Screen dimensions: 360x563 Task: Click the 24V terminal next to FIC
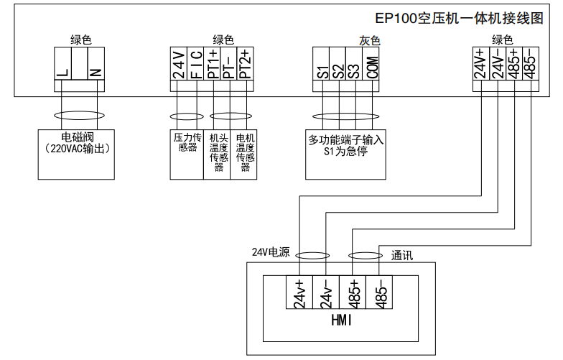pos(179,65)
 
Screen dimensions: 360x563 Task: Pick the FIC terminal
pos(195,65)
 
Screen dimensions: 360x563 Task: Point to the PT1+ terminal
pos(213,65)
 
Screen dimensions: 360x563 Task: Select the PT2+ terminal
pos(246,65)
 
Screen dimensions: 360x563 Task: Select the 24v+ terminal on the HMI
pos(299,293)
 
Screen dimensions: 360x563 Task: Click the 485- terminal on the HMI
pos(381,293)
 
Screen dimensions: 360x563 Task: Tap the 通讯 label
pos(402,254)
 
